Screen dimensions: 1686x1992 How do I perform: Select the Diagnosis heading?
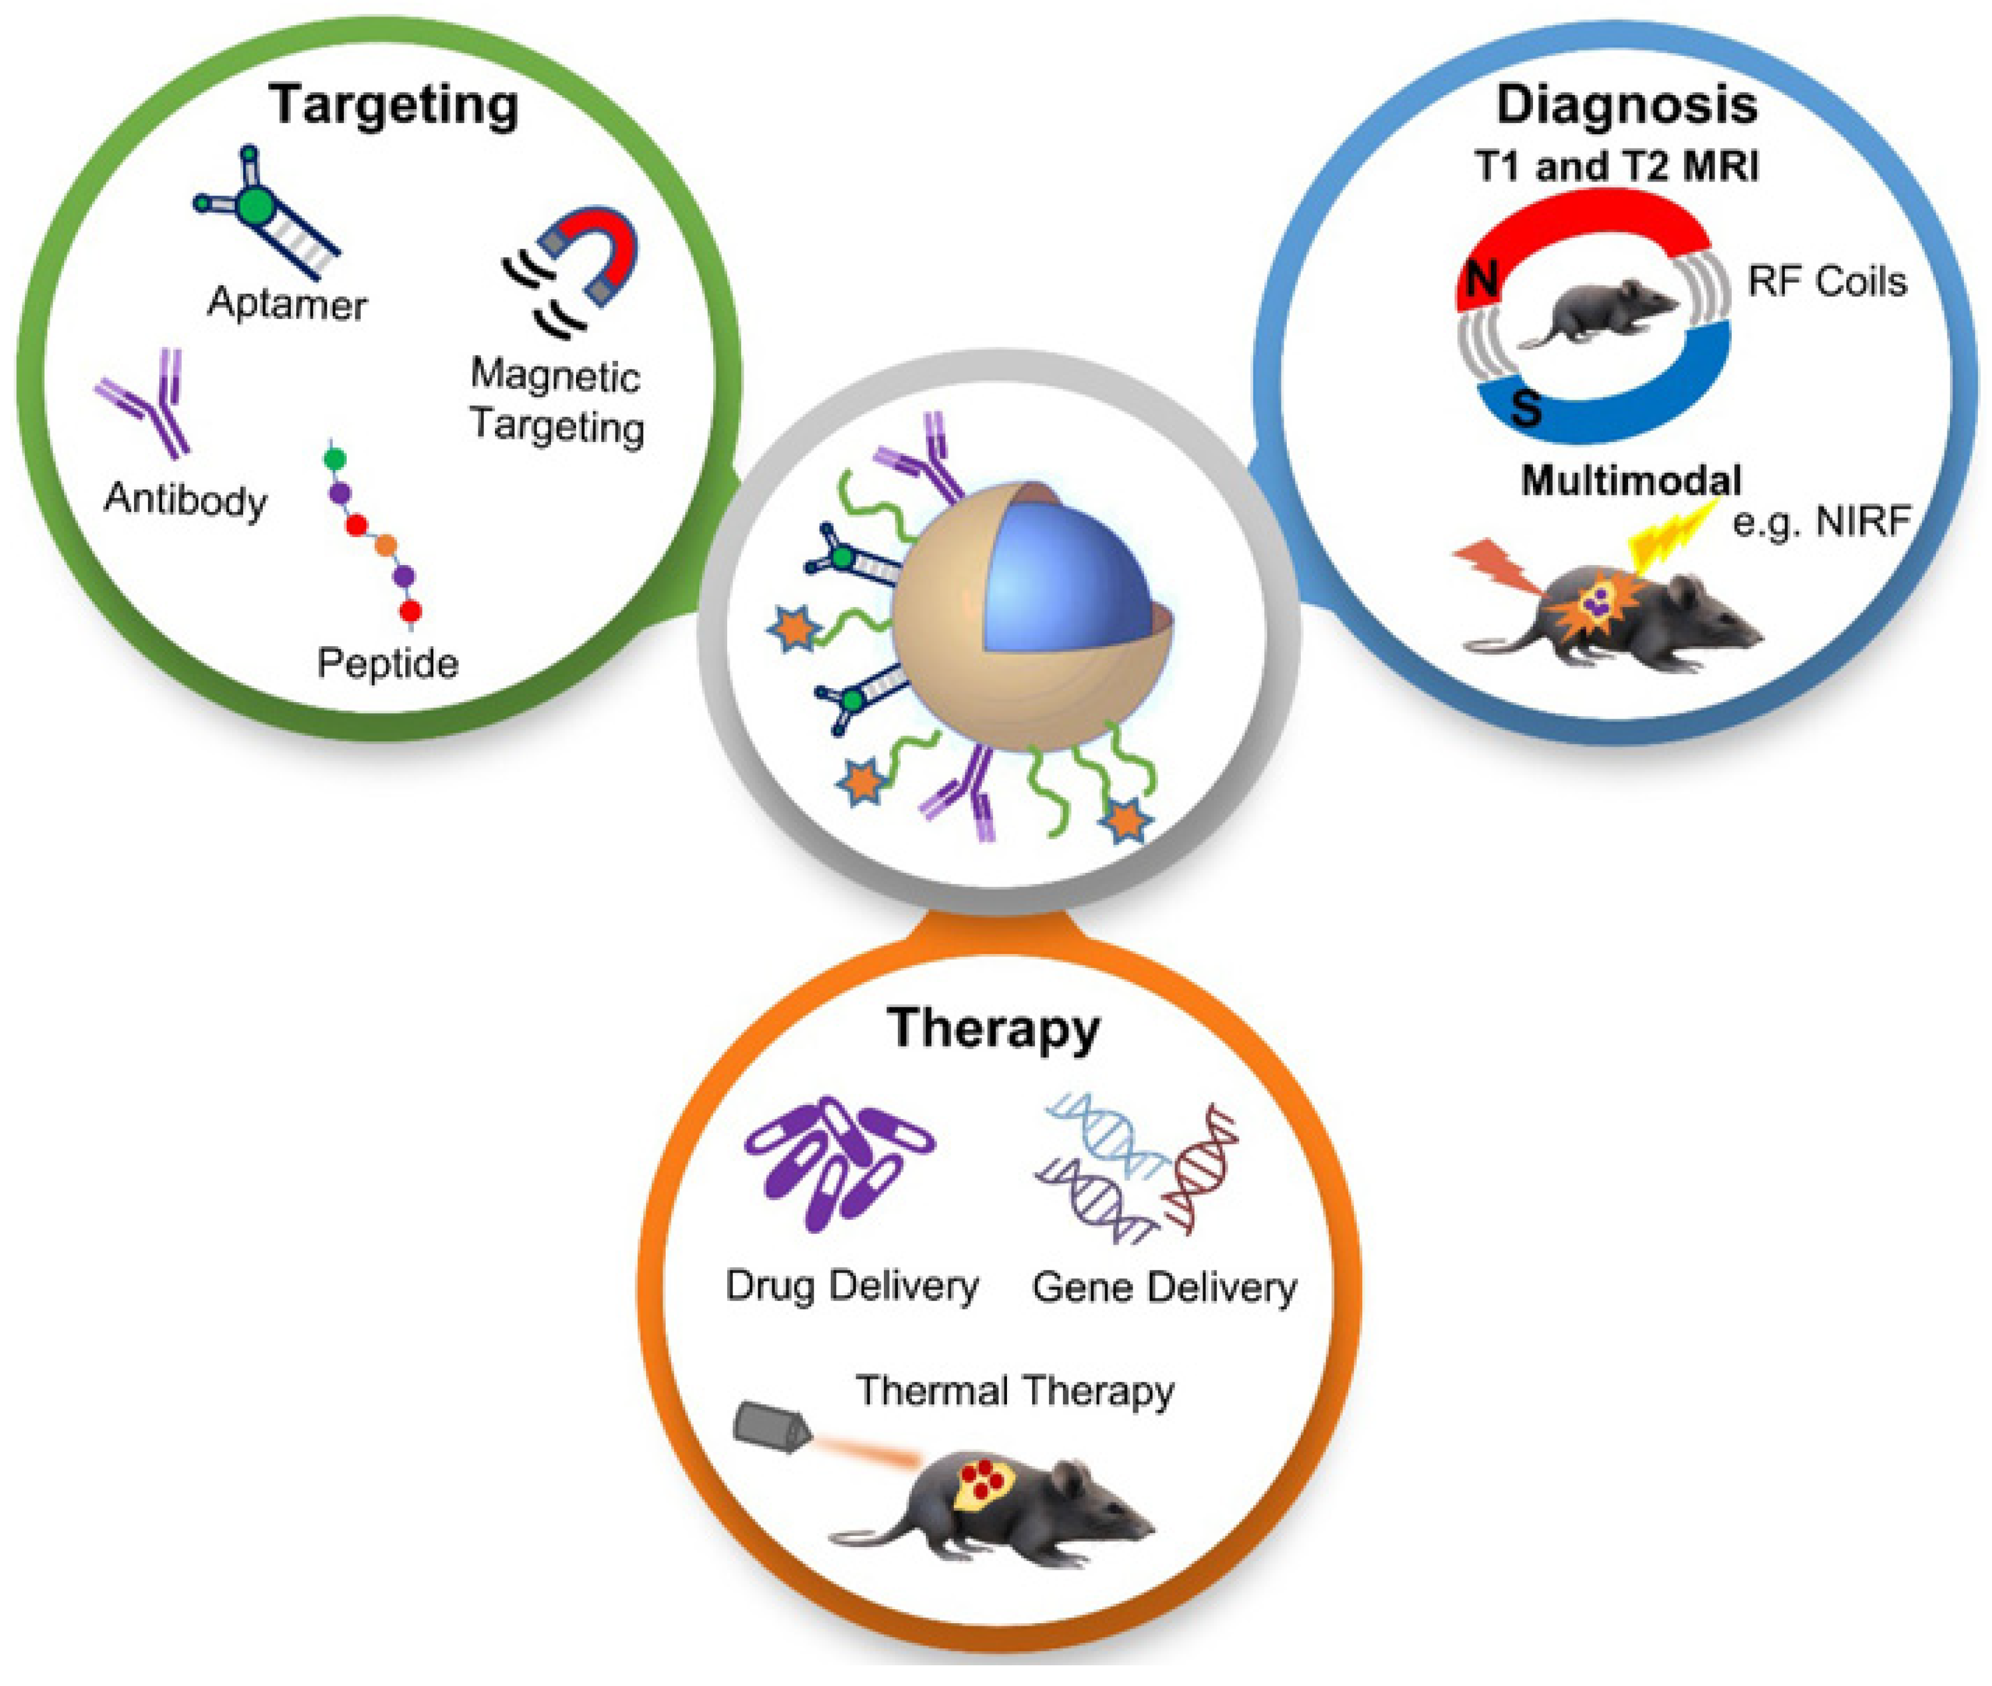coord(1626,104)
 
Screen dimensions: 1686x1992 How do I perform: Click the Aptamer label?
coord(286,304)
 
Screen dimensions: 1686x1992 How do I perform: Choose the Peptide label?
coord(387,663)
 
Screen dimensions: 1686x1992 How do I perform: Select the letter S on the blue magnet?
coord(1526,408)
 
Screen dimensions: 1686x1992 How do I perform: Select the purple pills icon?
coord(836,1161)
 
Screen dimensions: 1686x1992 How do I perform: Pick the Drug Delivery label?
coord(852,1286)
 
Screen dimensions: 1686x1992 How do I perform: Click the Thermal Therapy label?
coord(1014,1390)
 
